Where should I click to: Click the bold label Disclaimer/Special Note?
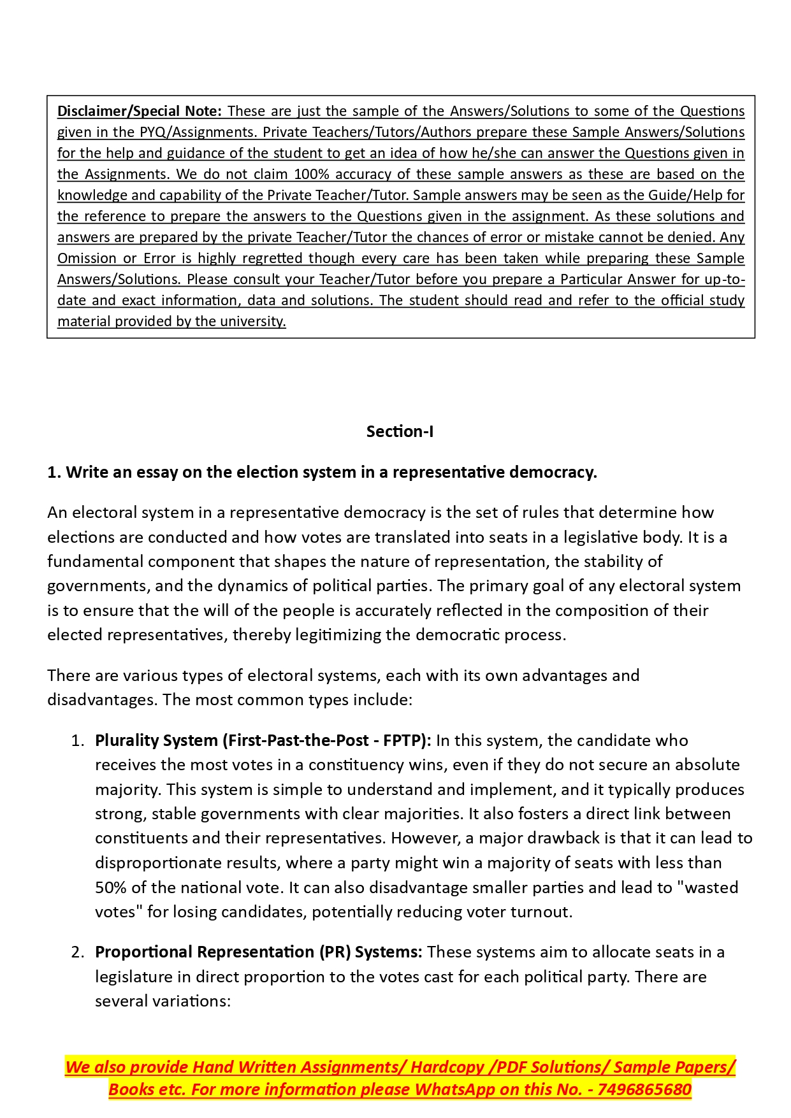(x=139, y=111)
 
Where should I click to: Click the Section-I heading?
(x=400, y=431)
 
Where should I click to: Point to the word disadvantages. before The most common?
(x=102, y=699)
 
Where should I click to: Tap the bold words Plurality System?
(x=156, y=740)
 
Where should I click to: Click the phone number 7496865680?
(x=644, y=1089)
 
